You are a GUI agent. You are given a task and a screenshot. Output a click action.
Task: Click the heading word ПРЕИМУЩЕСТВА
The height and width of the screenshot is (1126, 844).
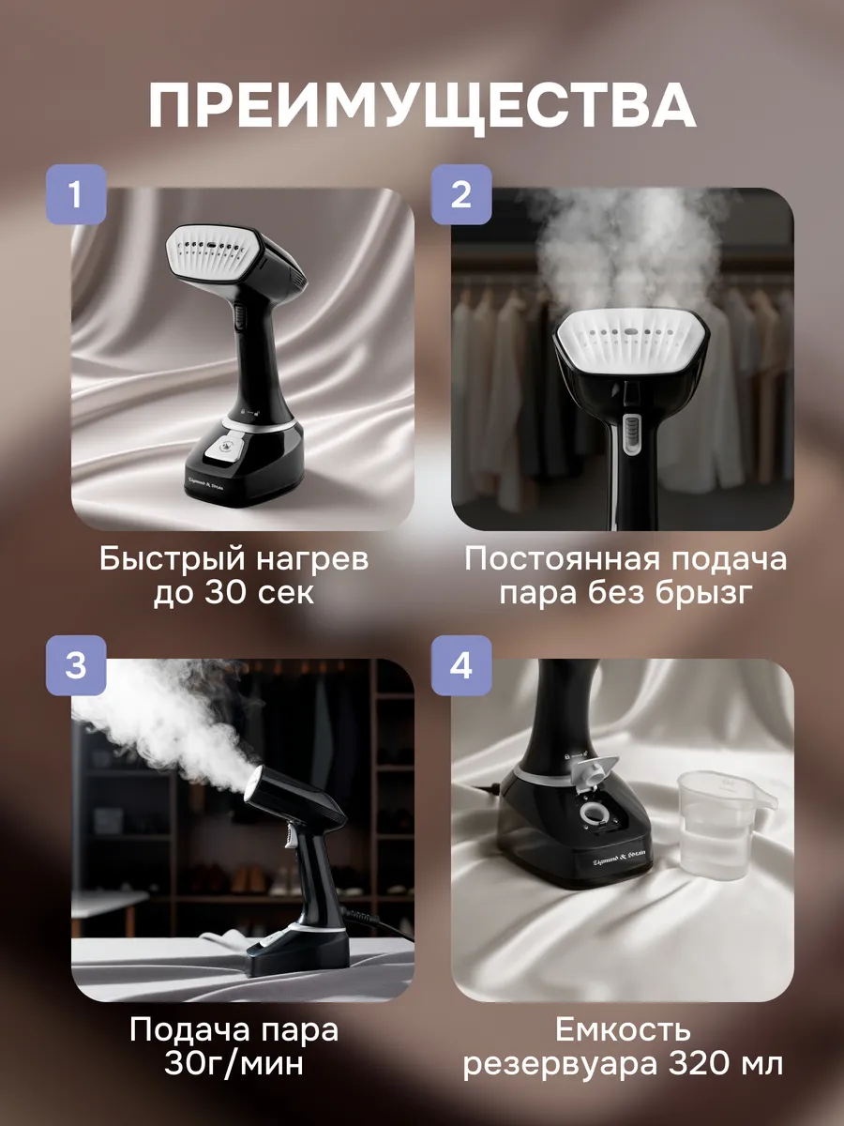422,106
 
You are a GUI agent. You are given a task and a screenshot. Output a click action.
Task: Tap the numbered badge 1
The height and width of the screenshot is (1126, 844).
76,194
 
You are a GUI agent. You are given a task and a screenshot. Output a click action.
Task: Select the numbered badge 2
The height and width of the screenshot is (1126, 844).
461,194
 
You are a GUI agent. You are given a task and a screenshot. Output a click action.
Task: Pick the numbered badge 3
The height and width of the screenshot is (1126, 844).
76,665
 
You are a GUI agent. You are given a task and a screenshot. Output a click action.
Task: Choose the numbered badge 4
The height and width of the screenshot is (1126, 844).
461,665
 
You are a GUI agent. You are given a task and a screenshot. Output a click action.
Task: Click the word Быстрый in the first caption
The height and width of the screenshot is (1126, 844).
173,560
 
